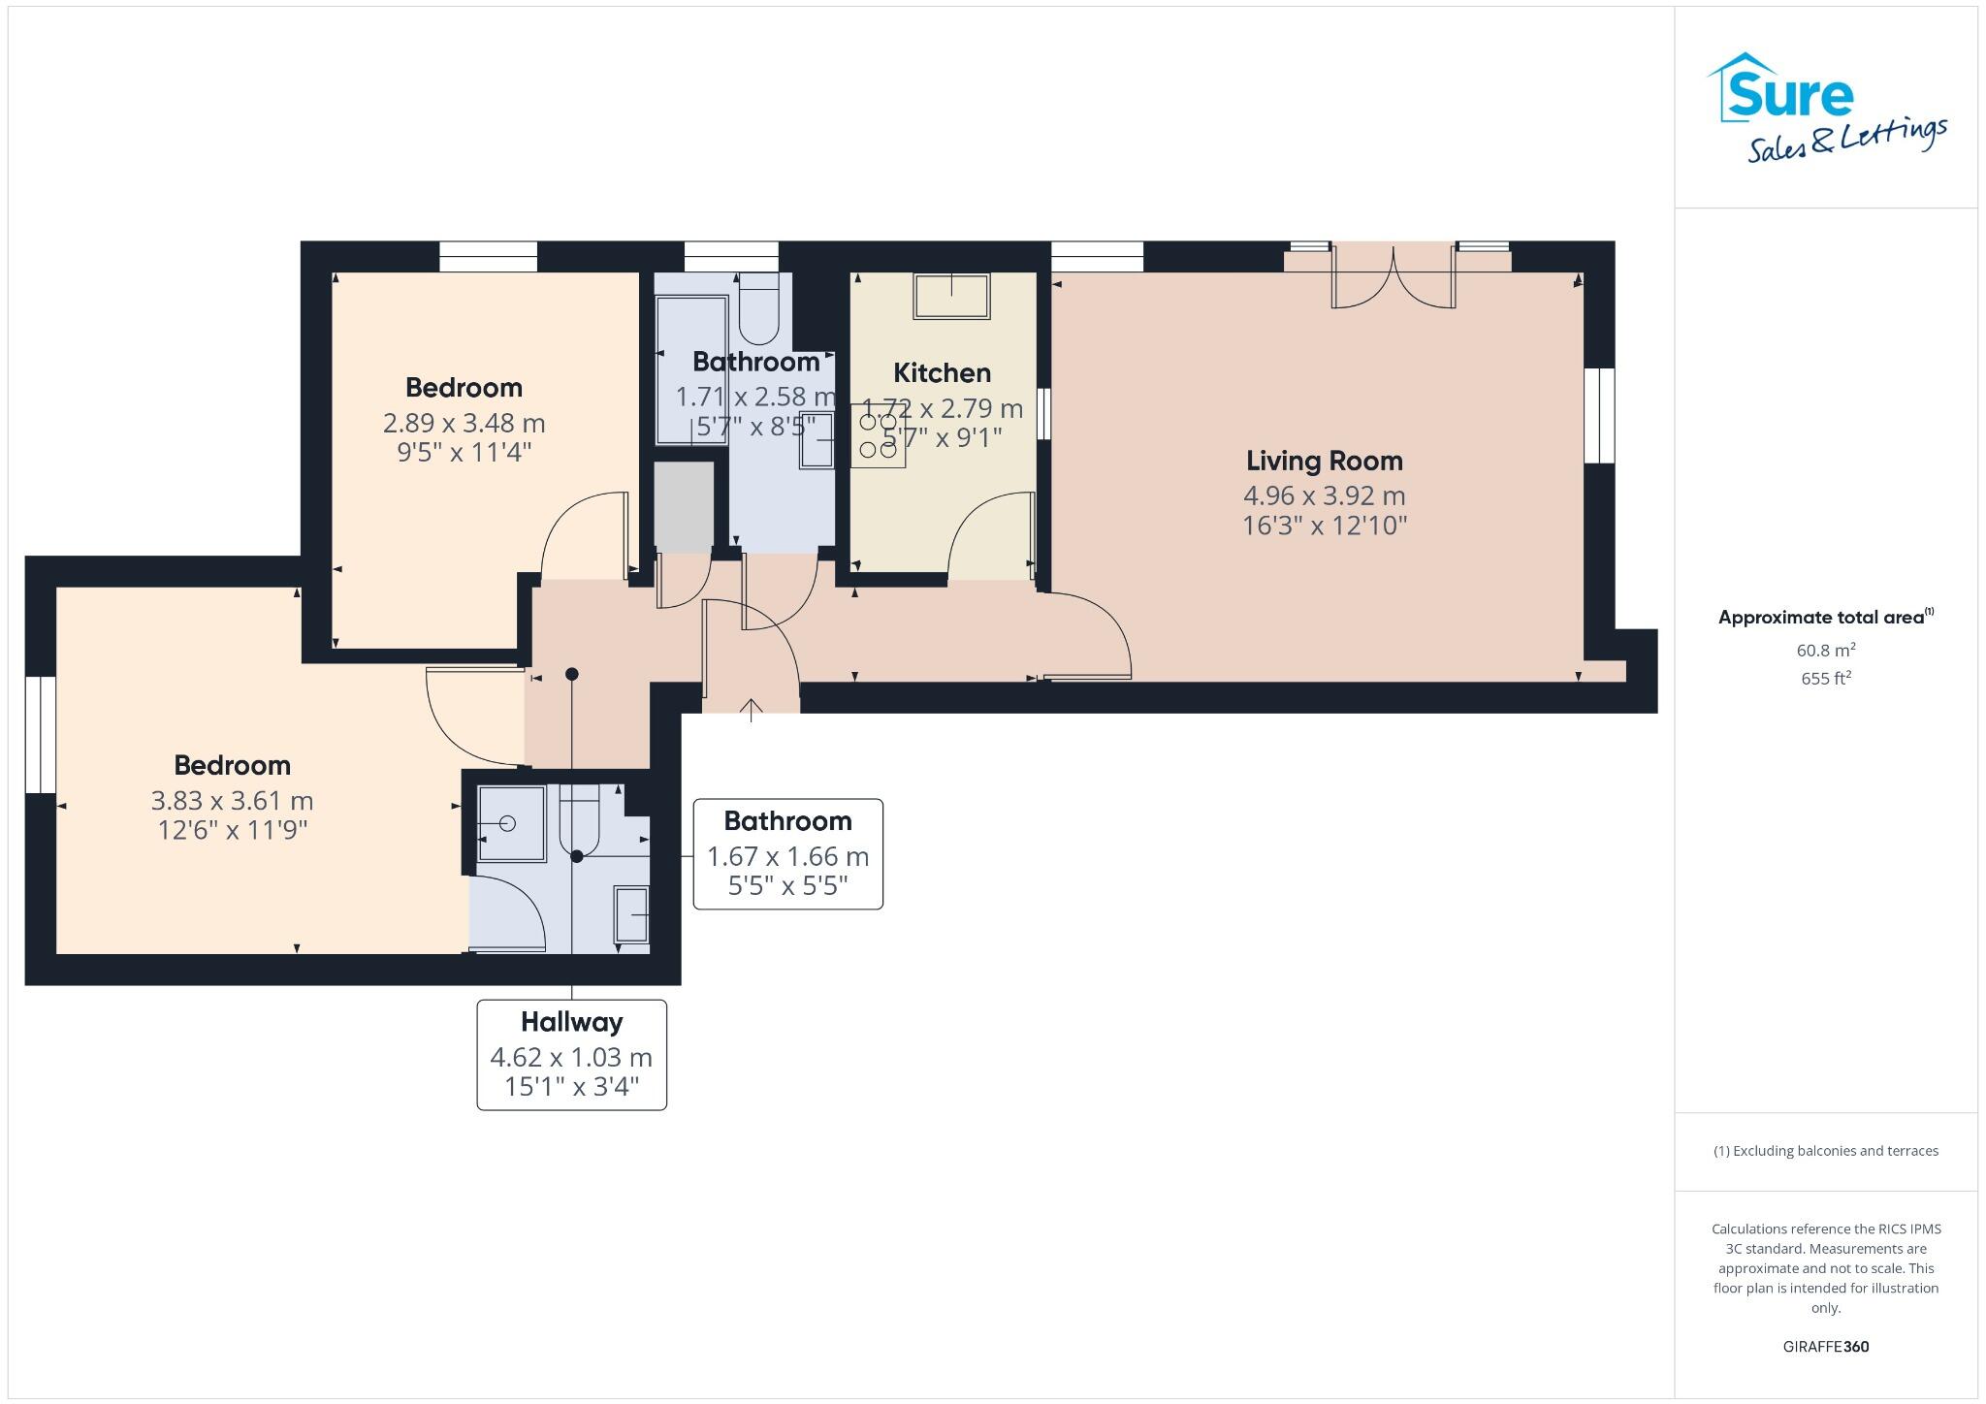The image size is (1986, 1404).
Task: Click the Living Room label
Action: click(x=1324, y=461)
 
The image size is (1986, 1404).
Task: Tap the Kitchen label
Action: click(x=942, y=372)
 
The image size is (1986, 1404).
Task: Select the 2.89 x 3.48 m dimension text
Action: click(x=464, y=423)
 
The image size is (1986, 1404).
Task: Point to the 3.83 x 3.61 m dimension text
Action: click(x=232, y=801)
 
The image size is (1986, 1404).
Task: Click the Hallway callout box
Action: click(x=571, y=1054)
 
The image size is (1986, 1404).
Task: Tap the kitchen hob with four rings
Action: click(x=879, y=436)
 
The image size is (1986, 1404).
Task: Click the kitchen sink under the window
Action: click(x=950, y=295)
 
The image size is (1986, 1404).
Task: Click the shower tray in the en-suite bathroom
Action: click(x=511, y=823)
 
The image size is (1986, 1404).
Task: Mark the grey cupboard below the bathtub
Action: click(x=684, y=506)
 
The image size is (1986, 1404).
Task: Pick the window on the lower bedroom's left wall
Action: click(x=40, y=734)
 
